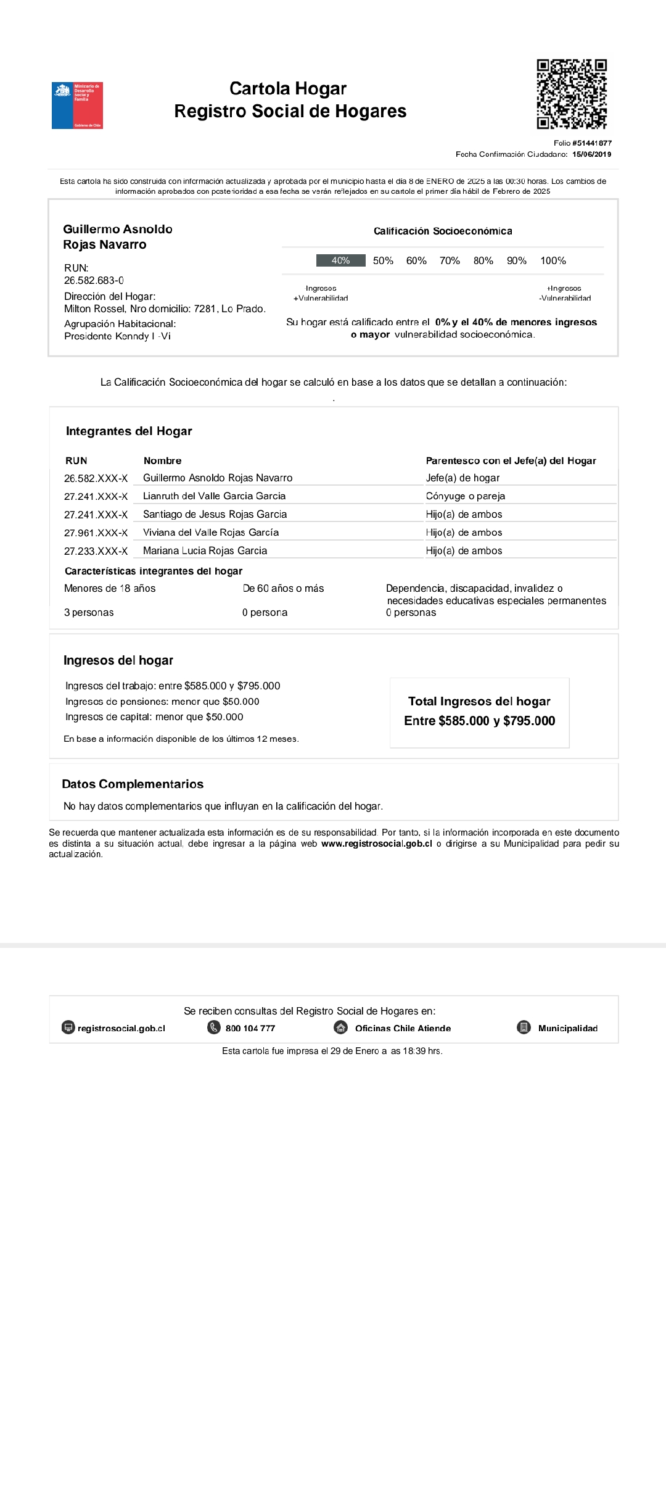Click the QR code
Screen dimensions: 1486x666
point(572,94)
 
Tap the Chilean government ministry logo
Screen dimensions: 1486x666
point(77,106)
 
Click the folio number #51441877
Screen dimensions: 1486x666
point(591,143)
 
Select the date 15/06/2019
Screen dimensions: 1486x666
point(591,154)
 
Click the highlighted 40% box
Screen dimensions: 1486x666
point(340,260)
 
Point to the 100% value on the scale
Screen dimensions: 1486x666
point(553,260)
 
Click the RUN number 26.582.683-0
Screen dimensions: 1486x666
point(94,280)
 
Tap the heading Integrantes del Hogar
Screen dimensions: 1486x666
point(129,431)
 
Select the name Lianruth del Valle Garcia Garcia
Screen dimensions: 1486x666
point(214,496)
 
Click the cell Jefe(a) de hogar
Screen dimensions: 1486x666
point(462,478)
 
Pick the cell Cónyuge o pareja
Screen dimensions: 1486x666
point(465,496)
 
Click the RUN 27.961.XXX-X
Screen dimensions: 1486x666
point(96,533)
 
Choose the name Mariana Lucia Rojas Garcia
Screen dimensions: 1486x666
point(205,550)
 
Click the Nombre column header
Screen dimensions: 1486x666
point(162,461)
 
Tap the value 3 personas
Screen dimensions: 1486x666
point(89,612)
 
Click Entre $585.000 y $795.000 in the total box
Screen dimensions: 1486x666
point(479,721)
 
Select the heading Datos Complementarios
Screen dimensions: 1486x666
point(133,784)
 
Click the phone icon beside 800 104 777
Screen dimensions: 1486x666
point(214,1027)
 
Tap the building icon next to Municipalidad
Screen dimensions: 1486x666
point(524,1027)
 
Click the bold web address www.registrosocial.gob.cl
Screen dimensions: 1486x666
point(376,844)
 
